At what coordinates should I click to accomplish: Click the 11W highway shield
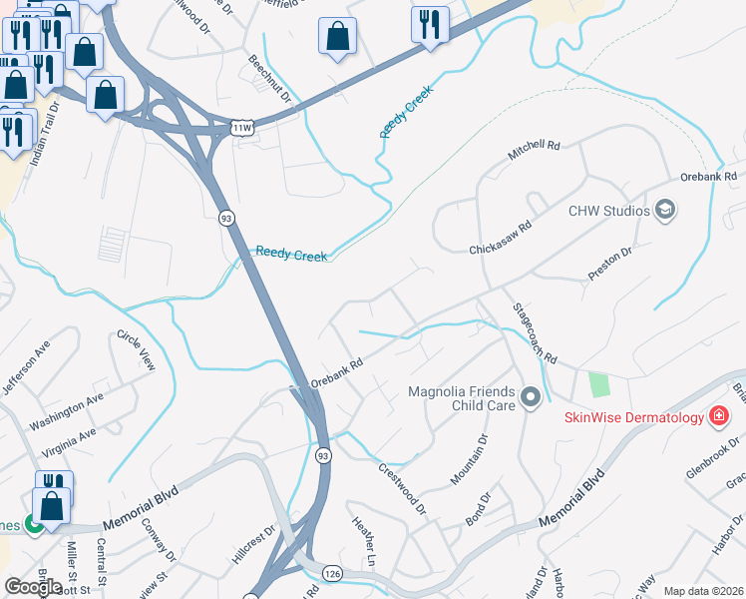[241, 128]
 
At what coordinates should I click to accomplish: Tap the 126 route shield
[333, 573]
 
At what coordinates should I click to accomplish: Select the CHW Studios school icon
[665, 211]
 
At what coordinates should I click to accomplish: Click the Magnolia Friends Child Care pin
[531, 398]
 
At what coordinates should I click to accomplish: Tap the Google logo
[33, 587]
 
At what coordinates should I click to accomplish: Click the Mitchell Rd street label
[535, 151]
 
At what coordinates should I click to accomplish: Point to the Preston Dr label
[610, 267]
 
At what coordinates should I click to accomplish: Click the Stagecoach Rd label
[535, 332]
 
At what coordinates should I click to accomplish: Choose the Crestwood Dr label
[402, 487]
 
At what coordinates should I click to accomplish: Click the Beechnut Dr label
[270, 80]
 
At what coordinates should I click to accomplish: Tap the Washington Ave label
[67, 411]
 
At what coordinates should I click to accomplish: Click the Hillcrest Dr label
[253, 546]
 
